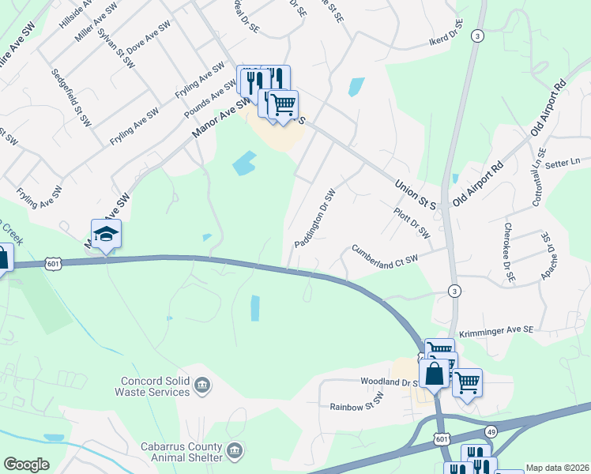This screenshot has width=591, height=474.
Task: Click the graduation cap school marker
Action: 106,234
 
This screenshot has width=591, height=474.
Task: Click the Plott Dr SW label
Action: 412,224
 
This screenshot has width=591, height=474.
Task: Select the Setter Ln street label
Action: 563,160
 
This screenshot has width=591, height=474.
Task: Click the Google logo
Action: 26,465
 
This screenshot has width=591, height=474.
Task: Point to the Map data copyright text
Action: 558,468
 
